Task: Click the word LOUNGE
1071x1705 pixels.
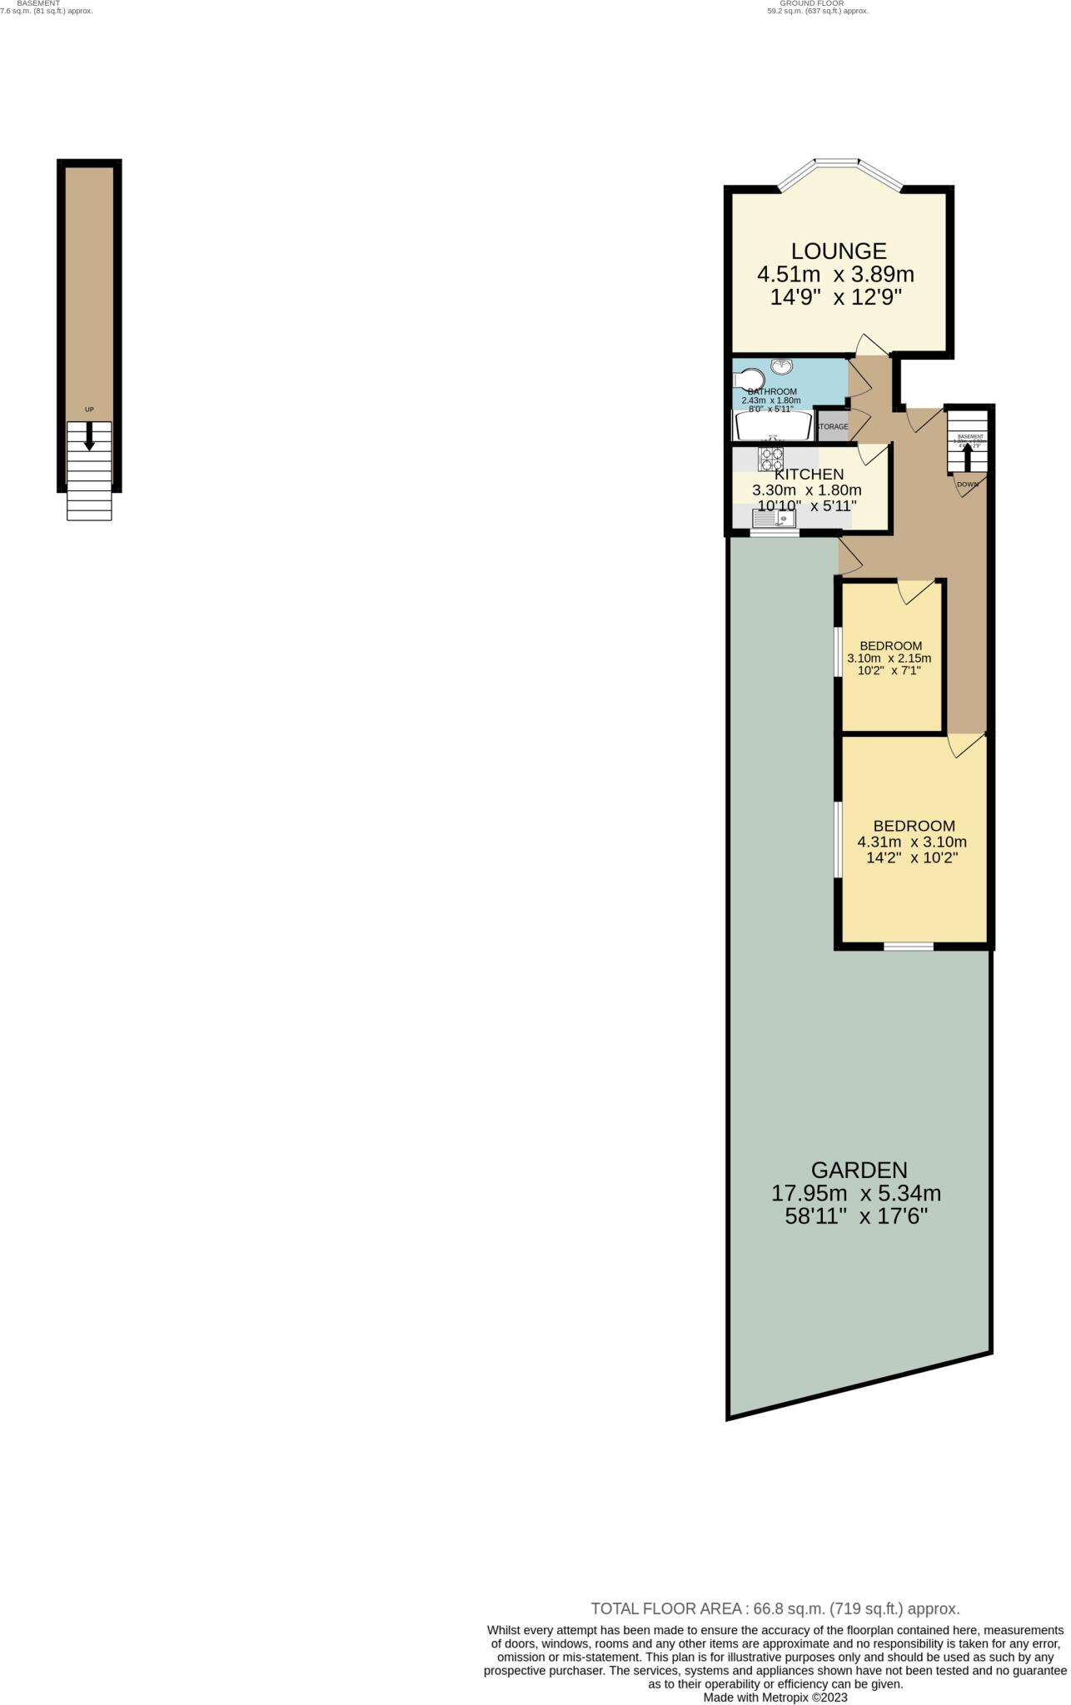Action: [x=838, y=251]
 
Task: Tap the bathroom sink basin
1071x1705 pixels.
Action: [x=781, y=366]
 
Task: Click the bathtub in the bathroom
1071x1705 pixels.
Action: [x=772, y=426]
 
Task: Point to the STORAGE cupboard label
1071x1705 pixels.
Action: [x=832, y=427]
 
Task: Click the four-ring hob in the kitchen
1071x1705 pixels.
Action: [x=770, y=460]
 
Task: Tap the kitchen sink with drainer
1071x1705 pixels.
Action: [x=775, y=519]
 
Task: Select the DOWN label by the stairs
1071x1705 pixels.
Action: [x=967, y=485]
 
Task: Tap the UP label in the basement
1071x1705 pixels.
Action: [x=89, y=410]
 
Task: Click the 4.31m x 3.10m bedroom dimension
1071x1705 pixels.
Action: [x=912, y=842]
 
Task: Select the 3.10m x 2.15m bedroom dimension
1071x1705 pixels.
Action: [x=889, y=658]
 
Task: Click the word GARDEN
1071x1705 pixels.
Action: [x=859, y=1170]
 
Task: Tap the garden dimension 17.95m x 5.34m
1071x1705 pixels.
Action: [x=856, y=1193]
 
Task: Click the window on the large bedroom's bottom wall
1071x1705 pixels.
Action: [x=909, y=946]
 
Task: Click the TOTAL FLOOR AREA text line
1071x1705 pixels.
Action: [x=775, y=1609]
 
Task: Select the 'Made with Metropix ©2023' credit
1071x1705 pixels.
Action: [x=775, y=1697]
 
